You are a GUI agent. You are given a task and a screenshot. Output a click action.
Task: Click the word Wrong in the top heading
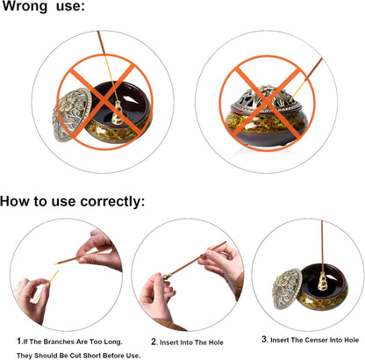point(25,6)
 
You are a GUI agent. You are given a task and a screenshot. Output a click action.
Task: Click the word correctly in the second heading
point(112,202)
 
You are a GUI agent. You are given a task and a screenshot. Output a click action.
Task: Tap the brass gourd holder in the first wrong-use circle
point(118,113)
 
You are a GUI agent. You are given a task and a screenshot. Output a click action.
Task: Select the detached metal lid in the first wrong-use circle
point(72,114)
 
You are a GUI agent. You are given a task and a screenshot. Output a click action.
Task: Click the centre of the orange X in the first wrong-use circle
point(105,102)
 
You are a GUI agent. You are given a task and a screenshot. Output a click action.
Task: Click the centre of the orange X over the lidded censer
point(268,104)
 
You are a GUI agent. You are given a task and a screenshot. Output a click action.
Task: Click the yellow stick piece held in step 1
point(46,286)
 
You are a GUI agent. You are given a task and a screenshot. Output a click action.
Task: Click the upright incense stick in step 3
point(322,247)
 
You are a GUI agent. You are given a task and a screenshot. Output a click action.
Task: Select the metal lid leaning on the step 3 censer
point(287,288)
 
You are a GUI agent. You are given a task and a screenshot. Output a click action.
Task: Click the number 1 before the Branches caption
point(19,341)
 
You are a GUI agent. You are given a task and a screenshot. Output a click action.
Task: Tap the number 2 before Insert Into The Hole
point(154,342)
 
